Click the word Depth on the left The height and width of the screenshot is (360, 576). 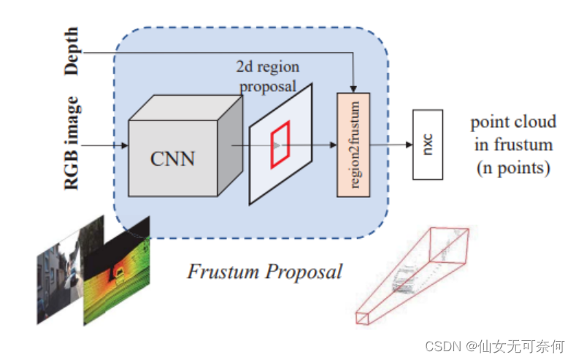coord(71,51)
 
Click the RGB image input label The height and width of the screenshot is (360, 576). coord(71,143)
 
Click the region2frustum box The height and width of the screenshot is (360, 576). coord(353,144)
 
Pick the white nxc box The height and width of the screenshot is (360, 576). coord(428,145)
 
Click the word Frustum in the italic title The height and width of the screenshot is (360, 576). coord(221,272)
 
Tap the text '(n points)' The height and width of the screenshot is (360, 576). coord(512,168)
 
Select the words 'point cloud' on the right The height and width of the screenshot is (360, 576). coord(512,121)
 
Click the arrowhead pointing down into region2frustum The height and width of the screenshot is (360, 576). coord(353,88)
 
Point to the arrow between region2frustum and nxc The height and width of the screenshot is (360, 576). coord(391,145)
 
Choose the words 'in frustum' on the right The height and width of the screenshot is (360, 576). coord(512,145)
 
